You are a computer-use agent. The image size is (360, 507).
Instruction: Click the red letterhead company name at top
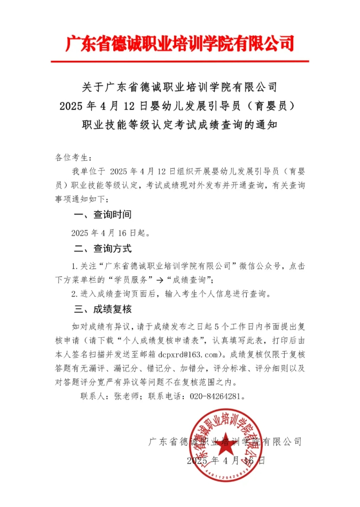[x=179, y=43]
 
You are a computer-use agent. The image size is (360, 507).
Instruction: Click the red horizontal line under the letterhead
[x=179, y=61]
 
